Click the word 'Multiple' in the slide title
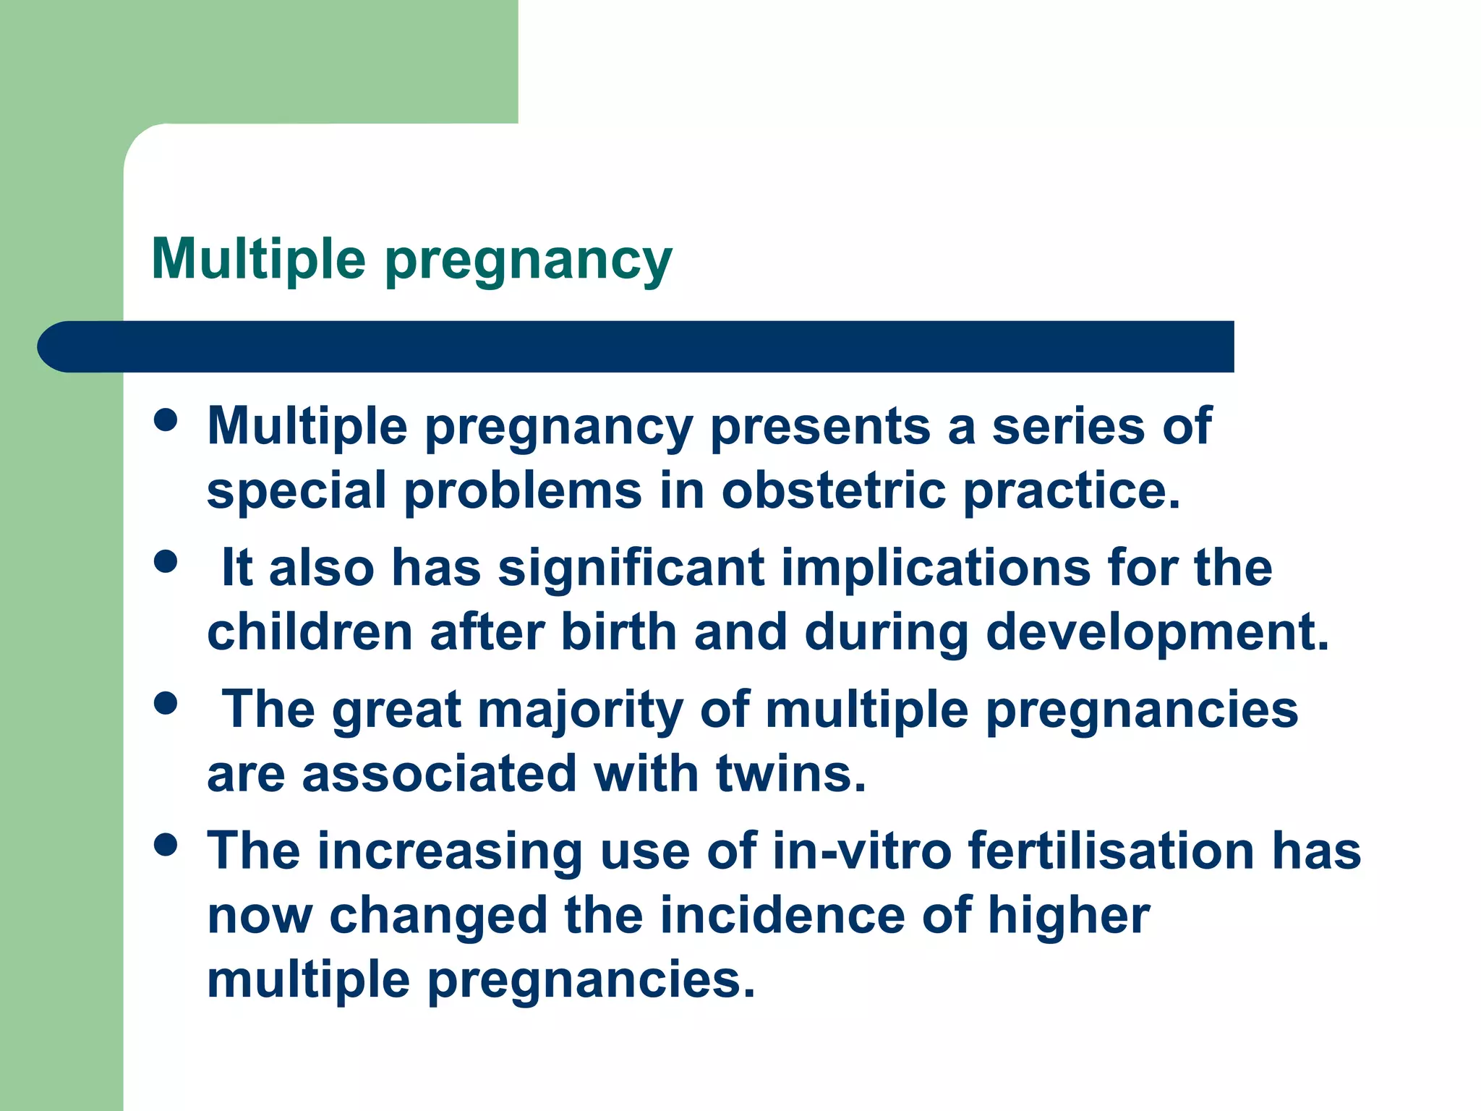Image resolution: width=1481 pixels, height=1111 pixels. click(x=258, y=258)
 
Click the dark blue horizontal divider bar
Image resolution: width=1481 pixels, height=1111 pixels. click(x=636, y=346)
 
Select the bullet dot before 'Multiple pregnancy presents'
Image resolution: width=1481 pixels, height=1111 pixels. click(x=166, y=420)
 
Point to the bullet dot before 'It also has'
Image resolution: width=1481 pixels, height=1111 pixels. click(x=166, y=561)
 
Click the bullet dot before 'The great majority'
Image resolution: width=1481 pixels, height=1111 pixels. click(x=166, y=702)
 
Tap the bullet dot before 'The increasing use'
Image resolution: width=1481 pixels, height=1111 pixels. click(x=166, y=844)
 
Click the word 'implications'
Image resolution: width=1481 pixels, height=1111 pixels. click(x=936, y=569)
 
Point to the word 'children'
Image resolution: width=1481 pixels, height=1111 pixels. click(x=310, y=632)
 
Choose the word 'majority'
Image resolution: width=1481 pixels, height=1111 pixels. click(x=580, y=710)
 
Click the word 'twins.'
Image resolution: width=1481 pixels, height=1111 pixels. click(x=790, y=773)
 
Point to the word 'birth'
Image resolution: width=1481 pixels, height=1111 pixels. click(x=619, y=632)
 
